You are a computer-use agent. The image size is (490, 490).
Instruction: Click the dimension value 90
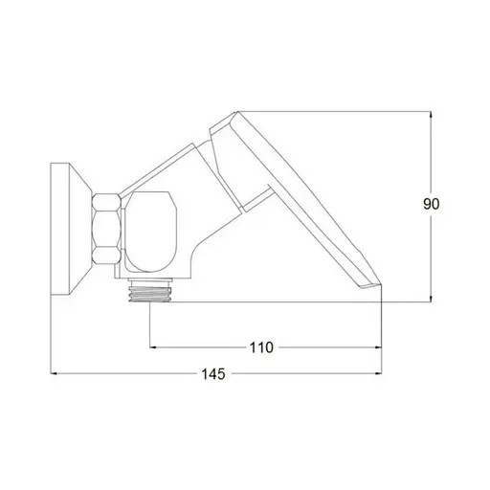coord(431,204)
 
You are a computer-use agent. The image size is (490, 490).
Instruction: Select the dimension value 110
coord(261,347)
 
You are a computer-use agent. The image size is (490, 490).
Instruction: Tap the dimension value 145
coord(213,374)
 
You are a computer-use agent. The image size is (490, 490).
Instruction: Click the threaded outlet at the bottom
coord(150,294)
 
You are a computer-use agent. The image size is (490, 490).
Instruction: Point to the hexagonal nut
coord(106,229)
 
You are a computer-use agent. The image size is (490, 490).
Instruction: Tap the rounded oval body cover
coord(150,232)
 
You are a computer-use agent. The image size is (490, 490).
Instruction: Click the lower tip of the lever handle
coord(382,284)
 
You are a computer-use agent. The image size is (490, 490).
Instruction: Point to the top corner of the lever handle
coord(237,111)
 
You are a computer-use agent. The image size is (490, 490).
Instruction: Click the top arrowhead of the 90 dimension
coord(431,115)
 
